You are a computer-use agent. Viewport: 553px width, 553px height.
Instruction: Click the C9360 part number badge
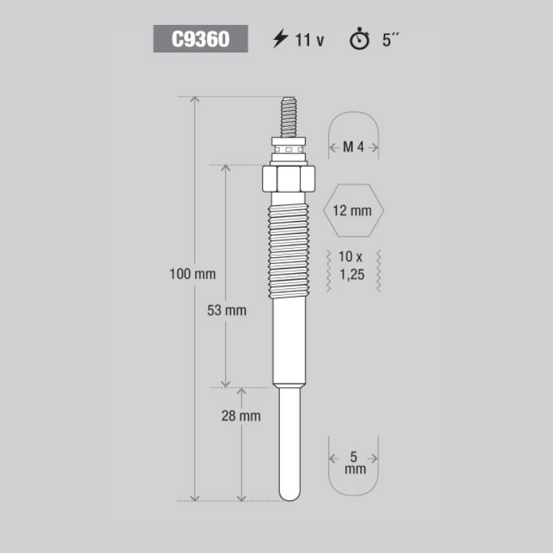(200, 39)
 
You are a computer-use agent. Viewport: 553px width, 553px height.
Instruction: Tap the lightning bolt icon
(281, 39)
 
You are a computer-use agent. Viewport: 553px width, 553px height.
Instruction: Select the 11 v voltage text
(309, 39)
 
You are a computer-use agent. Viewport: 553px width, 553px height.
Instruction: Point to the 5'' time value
(391, 39)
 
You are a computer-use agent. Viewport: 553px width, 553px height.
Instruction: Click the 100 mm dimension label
(193, 274)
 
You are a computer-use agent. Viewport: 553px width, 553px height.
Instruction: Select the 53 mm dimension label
(227, 310)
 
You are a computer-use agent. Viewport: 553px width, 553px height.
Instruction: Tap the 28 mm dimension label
(241, 416)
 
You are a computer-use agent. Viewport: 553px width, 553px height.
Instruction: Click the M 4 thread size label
(353, 147)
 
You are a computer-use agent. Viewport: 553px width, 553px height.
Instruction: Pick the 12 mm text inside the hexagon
(353, 211)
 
